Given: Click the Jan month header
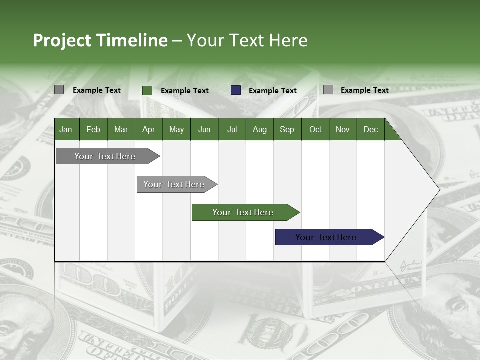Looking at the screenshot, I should pyautogui.click(x=66, y=129).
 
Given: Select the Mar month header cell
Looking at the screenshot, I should pyautogui.click(x=121, y=129).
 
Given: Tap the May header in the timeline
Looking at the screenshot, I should pyautogui.click(x=176, y=129).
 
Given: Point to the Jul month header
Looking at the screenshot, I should pyautogui.click(x=232, y=129).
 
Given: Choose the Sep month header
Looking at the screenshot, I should pyautogui.click(x=287, y=129).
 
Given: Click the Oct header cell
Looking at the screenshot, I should pyautogui.click(x=315, y=129).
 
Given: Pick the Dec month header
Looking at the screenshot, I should pyautogui.click(x=370, y=129).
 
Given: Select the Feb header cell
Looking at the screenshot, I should pyautogui.click(x=93, y=129).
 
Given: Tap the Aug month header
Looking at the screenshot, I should pyautogui.click(x=259, y=129).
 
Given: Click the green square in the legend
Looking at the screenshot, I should pyautogui.click(x=147, y=90).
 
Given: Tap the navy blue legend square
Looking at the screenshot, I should pyautogui.click(x=236, y=90).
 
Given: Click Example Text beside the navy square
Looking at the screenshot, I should pyautogui.click(x=273, y=91).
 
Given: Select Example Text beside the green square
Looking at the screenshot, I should pyautogui.click(x=185, y=91).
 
